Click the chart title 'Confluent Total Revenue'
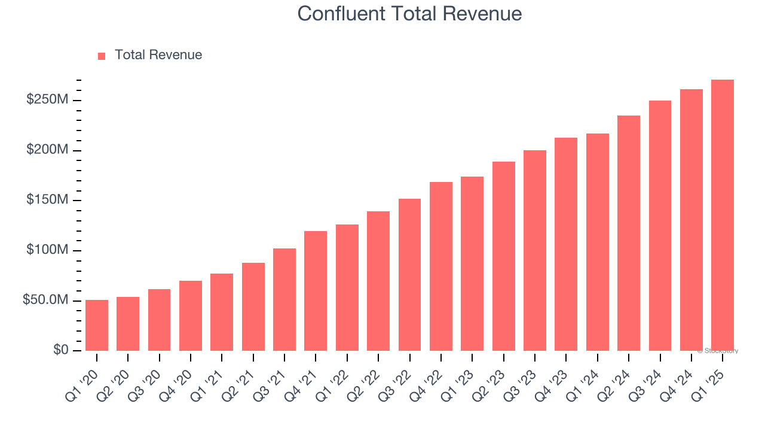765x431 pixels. coord(409,14)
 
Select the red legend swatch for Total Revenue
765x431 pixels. coord(102,56)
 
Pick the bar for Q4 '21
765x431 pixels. coord(316,291)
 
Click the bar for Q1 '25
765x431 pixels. coord(722,215)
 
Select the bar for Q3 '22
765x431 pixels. coord(409,275)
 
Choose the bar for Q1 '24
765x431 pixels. coord(597,242)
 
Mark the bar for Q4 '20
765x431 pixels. coord(191,315)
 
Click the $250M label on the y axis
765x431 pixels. coord(47,100)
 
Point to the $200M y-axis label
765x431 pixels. coord(47,150)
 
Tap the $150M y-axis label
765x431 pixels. coord(47,200)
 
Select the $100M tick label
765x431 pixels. coord(47,250)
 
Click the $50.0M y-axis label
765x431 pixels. coord(45,300)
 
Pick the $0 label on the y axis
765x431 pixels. coord(60,350)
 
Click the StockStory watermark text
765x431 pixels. coord(717,351)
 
